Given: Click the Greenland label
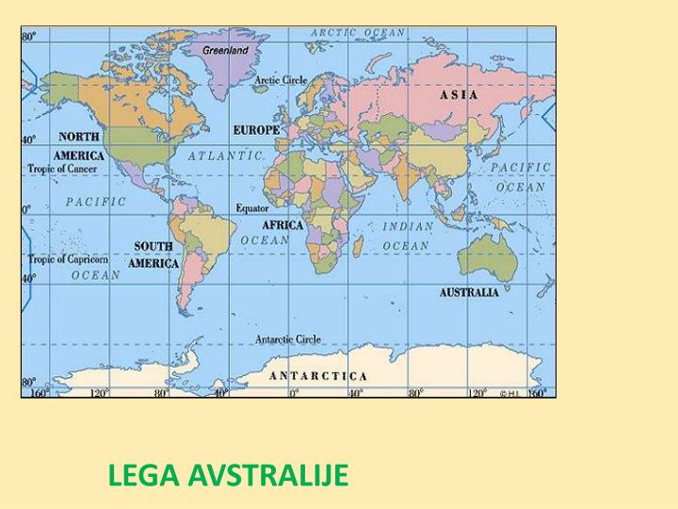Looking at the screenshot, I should point(226,49).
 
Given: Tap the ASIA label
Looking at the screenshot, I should point(459,94).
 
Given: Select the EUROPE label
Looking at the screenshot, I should point(256,130).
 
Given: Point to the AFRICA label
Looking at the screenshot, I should point(282,225).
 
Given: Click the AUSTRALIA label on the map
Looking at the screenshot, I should point(469,292).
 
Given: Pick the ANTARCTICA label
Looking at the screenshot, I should point(318,375).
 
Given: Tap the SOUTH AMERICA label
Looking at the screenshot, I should point(153,254).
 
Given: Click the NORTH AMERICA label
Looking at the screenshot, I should point(79,146).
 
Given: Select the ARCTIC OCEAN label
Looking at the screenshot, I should point(358,32).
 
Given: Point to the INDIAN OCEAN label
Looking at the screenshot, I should point(407,236).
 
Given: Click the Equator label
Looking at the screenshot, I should point(252,207).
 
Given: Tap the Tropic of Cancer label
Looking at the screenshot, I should point(62,169).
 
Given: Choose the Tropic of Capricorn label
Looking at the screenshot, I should point(68,259).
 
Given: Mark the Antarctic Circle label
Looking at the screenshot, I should point(288,339).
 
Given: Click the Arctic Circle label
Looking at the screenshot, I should point(281,80).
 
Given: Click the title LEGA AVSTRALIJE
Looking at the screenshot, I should point(228,475).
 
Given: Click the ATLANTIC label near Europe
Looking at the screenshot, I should point(225,156).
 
